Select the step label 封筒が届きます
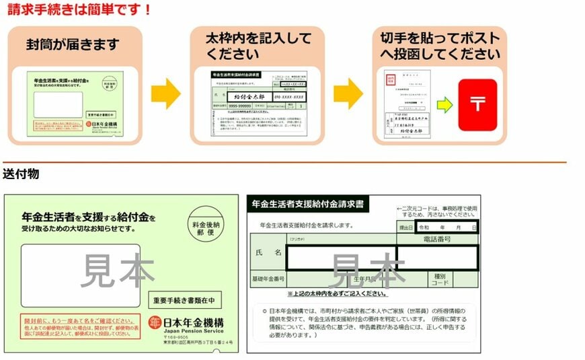tap(73, 45)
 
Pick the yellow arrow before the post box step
tap(348, 93)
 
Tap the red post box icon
tap(477, 104)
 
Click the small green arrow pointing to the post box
tap(444, 104)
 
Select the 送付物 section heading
tap(21, 174)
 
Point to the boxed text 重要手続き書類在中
tap(184, 300)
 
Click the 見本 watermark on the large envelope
tap(117, 269)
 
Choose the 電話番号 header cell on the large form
tap(437, 239)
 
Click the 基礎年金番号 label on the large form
tap(268, 279)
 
